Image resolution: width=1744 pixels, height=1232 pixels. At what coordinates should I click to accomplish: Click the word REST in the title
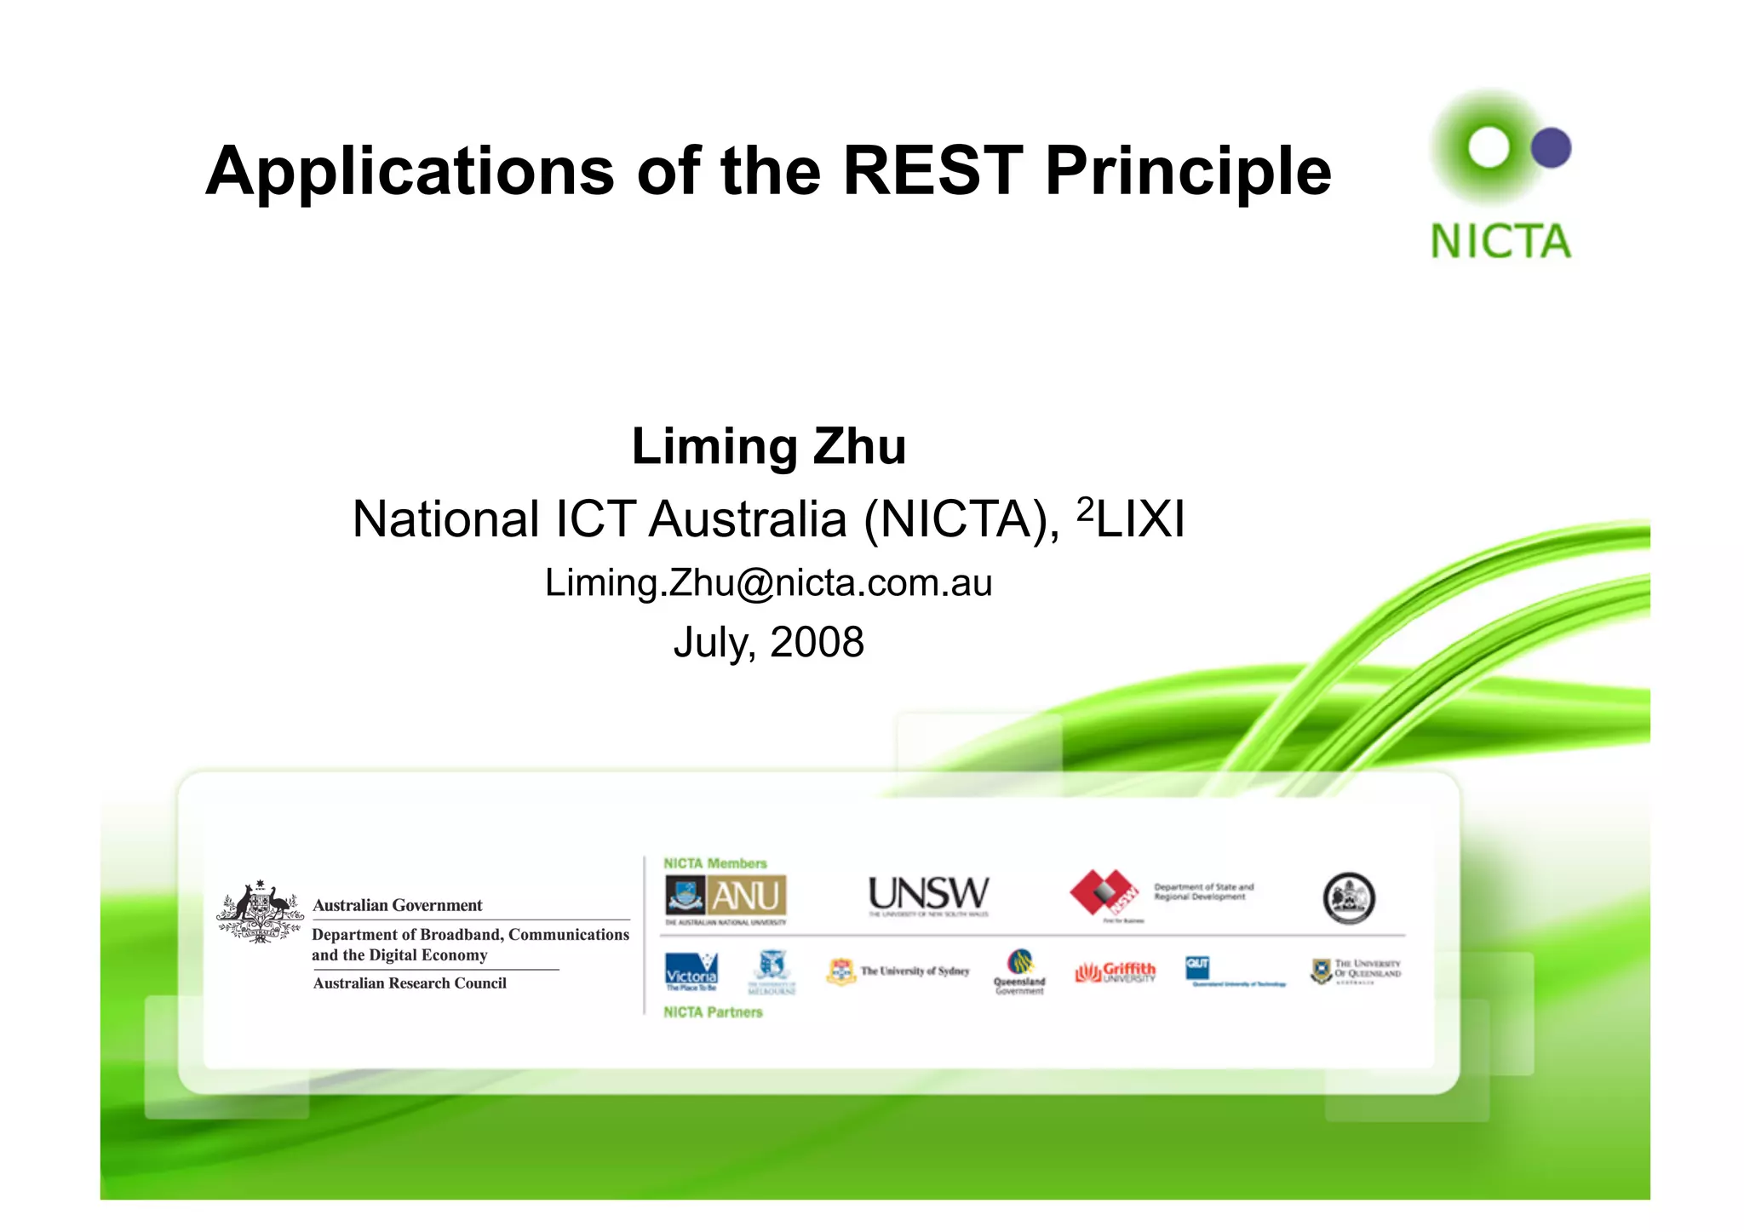[932, 171]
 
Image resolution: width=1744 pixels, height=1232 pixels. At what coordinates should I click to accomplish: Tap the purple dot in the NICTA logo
[1551, 148]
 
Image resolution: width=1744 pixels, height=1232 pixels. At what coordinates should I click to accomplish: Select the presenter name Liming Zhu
[769, 446]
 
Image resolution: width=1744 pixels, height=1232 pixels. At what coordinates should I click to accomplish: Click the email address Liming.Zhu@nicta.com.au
[768, 583]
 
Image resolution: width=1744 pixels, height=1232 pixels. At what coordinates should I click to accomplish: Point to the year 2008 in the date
[817, 642]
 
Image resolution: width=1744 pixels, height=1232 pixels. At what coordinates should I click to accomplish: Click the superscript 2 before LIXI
[1084, 508]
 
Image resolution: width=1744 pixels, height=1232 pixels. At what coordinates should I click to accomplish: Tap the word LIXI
[1140, 519]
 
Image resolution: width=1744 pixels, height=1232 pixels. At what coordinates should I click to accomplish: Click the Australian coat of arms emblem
[260, 912]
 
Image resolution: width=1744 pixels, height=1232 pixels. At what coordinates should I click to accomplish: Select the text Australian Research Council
[410, 983]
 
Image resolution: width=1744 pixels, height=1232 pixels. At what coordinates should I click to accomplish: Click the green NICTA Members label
[714, 863]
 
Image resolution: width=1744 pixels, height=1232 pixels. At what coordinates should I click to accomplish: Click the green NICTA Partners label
[713, 1012]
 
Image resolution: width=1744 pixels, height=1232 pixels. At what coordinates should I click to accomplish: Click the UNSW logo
[928, 895]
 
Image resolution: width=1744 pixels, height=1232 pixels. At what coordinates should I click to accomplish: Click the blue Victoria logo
[691, 971]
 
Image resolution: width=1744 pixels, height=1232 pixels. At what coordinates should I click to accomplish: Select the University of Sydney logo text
[915, 971]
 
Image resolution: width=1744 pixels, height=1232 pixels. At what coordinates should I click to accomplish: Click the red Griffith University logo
[1116, 971]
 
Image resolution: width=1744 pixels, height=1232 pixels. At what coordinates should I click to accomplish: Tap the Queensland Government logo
[1019, 971]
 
